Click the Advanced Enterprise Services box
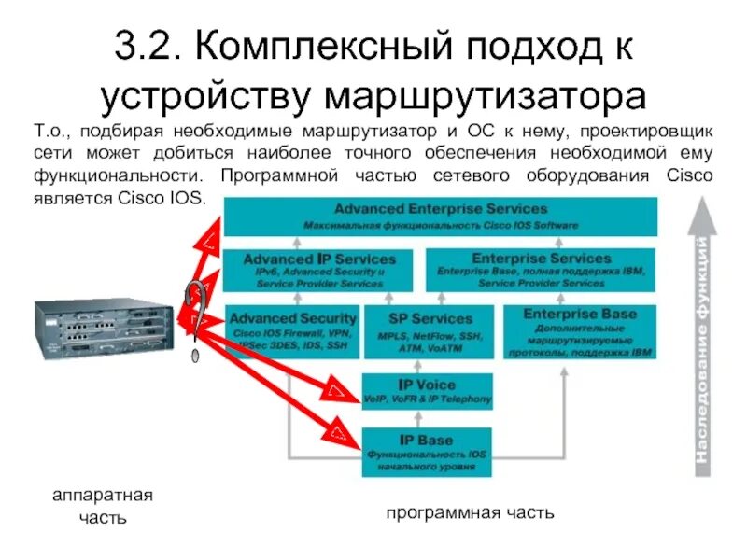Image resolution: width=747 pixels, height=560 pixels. click(440, 216)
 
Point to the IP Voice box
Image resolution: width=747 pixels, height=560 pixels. click(427, 391)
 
